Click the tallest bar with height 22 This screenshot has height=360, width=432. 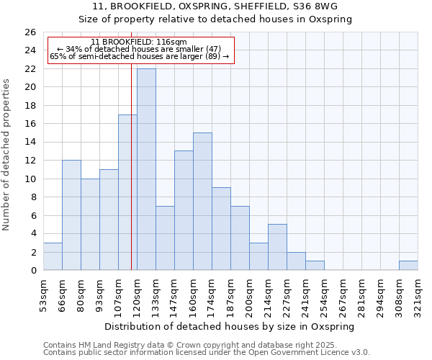146,169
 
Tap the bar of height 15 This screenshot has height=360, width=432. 202,202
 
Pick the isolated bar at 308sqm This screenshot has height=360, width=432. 408,266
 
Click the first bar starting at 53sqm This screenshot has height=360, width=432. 53,257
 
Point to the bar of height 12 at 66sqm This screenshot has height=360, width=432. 71,215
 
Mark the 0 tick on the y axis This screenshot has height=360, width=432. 32,271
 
